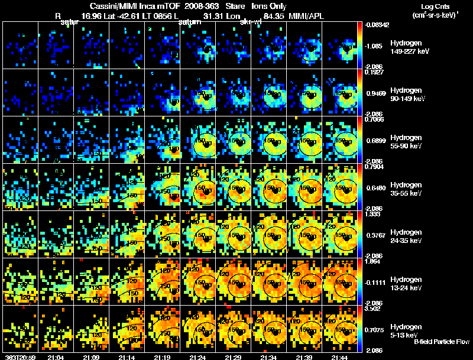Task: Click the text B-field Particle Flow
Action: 442,342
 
